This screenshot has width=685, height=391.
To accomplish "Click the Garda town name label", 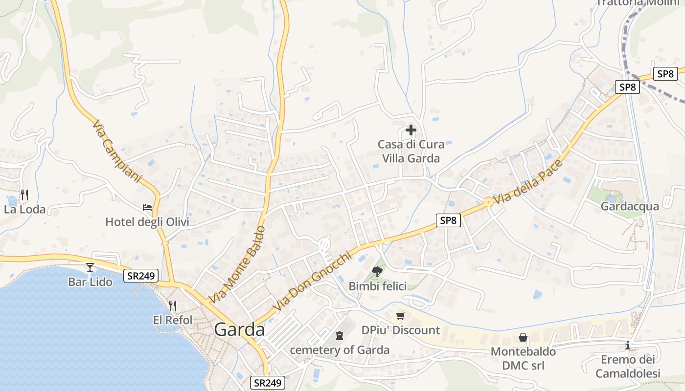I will tap(239, 330).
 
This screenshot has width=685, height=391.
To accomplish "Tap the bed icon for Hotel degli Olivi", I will tap(147, 208).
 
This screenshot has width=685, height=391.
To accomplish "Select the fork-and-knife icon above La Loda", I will tap(24, 195).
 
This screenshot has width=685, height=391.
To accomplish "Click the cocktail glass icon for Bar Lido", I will tap(90, 267).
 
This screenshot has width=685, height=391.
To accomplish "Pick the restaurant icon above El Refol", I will tap(172, 306).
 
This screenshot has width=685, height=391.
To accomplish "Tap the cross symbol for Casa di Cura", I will tap(411, 130).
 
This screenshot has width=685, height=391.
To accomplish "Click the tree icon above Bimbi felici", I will tap(377, 272).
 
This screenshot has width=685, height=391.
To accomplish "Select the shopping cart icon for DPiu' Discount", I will tap(401, 316).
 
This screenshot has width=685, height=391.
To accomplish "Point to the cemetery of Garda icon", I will tap(340, 336).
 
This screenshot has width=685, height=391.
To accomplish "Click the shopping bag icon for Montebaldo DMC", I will tap(523, 337).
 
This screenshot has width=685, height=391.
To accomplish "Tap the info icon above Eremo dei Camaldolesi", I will tap(628, 346).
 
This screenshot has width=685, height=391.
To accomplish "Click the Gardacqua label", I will tap(630, 206).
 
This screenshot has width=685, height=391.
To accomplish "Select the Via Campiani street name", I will tap(116, 152).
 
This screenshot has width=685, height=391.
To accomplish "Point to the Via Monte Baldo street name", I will tap(237, 264).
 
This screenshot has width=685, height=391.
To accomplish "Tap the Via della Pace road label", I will tap(528, 182).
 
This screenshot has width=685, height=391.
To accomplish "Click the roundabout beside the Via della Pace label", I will tap(488, 201).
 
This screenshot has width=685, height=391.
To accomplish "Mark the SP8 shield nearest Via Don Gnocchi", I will tap(448, 220).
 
